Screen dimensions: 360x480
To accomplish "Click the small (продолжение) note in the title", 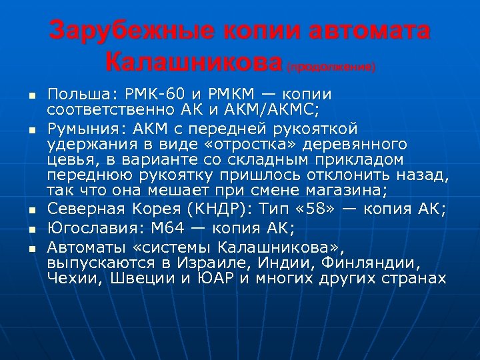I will tap(331, 67).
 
